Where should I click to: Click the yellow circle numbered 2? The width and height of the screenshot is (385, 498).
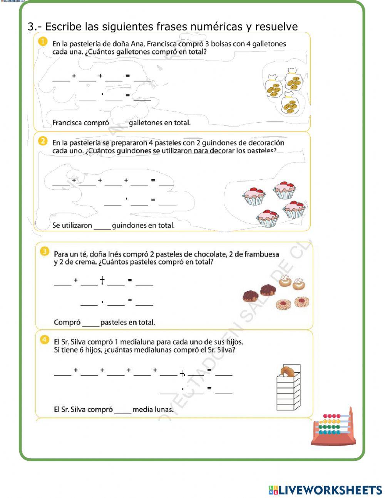(43, 141)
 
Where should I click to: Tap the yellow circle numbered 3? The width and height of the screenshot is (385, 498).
(44, 252)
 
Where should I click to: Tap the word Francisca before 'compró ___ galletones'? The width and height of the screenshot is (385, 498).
(67, 123)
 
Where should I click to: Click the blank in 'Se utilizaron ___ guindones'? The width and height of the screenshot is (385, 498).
(102, 226)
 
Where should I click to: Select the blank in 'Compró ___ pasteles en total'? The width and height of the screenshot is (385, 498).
(90, 323)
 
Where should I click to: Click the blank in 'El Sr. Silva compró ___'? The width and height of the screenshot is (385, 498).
(123, 410)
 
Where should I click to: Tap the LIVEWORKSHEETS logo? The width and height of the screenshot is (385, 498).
(325, 490)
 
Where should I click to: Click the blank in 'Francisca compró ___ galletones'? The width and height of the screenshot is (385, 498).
(119, 123)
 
